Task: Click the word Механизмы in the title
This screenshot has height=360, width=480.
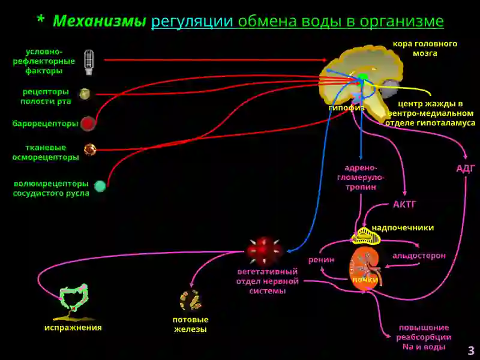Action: click(x=100, y=21)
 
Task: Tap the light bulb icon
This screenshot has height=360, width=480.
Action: click(x=89, y=62)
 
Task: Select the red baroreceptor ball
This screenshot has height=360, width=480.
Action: click(x=88, y=124)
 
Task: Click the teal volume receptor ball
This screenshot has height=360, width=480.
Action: click(x=100, y=186)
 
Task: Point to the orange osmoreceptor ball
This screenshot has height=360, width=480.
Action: click(x=90, y=149)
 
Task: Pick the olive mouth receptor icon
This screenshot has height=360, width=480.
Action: click(x=85, y=94)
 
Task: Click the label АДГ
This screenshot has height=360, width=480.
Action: click(x=466, y=169)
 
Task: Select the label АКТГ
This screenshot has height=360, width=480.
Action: click(x=404, y=204)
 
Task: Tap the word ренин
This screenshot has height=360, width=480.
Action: click(x=321, y=260)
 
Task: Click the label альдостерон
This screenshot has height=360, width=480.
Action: click(x=419, y=256)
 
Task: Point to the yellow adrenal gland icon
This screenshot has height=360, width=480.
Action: click(x=365, y=236)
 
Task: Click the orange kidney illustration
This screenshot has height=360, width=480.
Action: click(x=365, y=268)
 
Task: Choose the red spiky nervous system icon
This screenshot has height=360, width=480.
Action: click(x=265, y=251)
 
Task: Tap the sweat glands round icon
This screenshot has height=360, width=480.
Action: click(x=190, y=301)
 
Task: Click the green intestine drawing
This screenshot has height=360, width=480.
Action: click(x=73, y=298)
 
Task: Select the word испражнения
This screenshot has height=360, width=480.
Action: click(x=73, y=328)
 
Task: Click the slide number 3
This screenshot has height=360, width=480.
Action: click(x=471, y=350)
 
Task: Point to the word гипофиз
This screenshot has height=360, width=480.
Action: click(x=347, y=108)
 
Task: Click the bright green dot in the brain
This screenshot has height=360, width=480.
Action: click(x=363, y=77)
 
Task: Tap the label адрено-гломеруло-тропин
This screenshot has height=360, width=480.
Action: click(x=361, y=178)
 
